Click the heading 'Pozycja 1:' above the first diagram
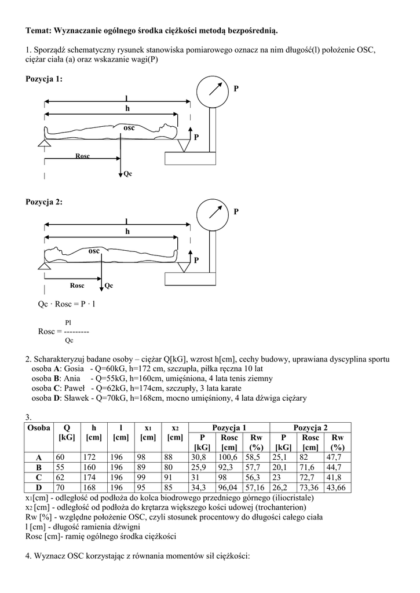(x=44, y=78)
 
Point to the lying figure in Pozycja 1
(x=110, y=130)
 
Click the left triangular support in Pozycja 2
(x=43, y=266)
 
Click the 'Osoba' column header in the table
(x=36, y=427)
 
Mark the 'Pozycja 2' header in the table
(x=311, y=427)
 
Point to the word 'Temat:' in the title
(x=39, y=28)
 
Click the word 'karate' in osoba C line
(x=229, y=388)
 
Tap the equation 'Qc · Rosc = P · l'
(x=67, y=303)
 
